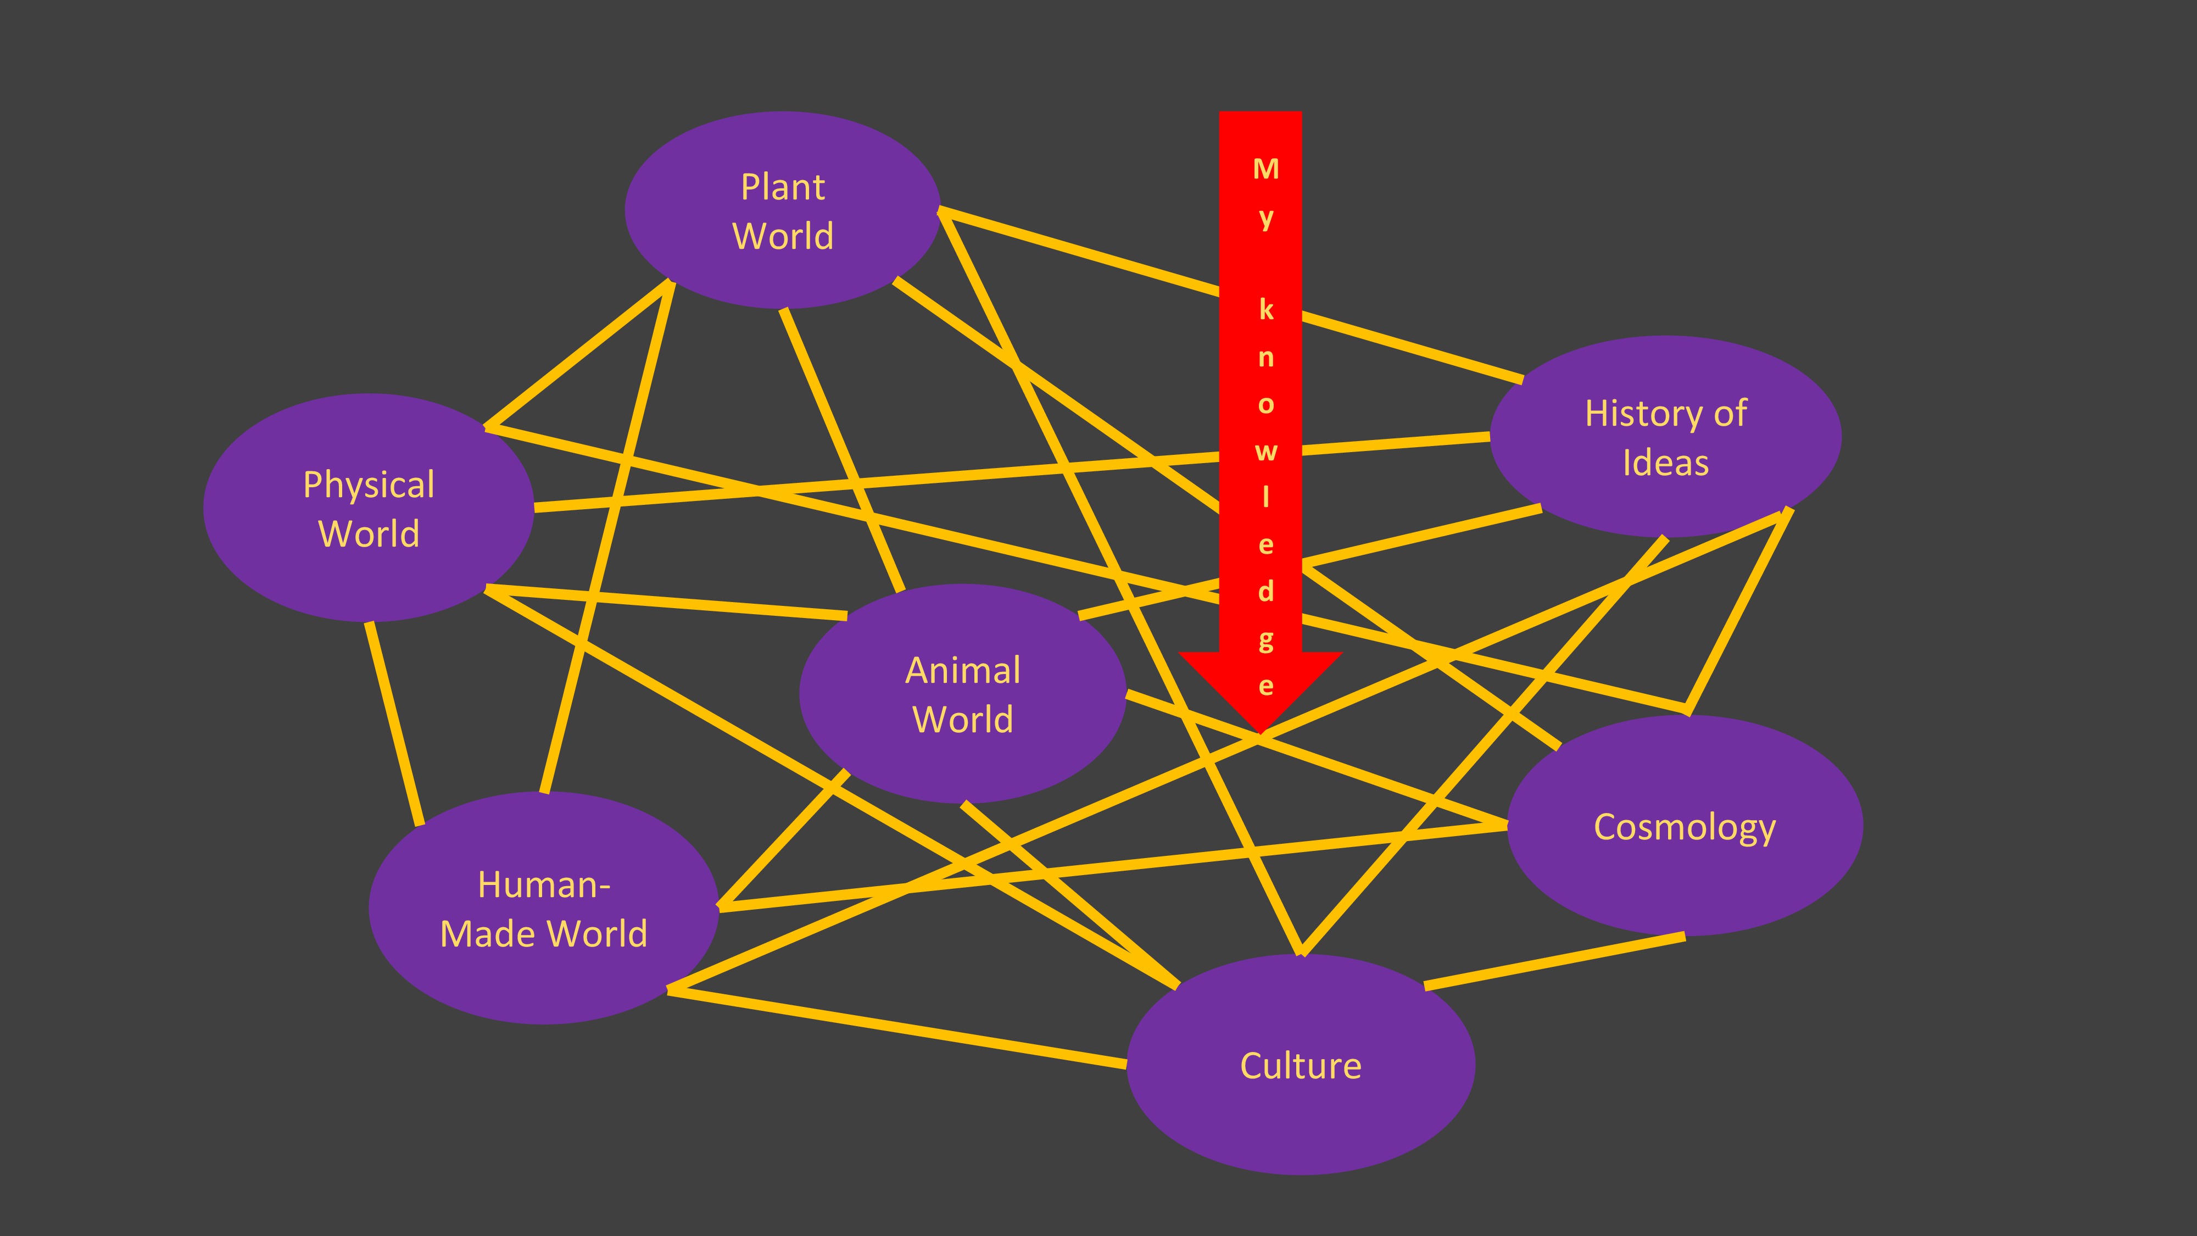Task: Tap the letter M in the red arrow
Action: pyautogui.click(x=1265, y=169)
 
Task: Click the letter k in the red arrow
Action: pyautogui.click(x=1265, y=310)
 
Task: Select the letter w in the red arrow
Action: pyautogui.click(x=1265, y=451)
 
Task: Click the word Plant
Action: pyautogui.click(x=782, y=187)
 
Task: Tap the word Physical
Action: pyautogui.click(x=369, y=485)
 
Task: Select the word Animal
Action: pyautogui.click(x=962, y=670)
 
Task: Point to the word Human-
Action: pyautogui.click(x=543, y=884)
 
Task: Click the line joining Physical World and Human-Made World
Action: pyautogui.click(x=394, y=723)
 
